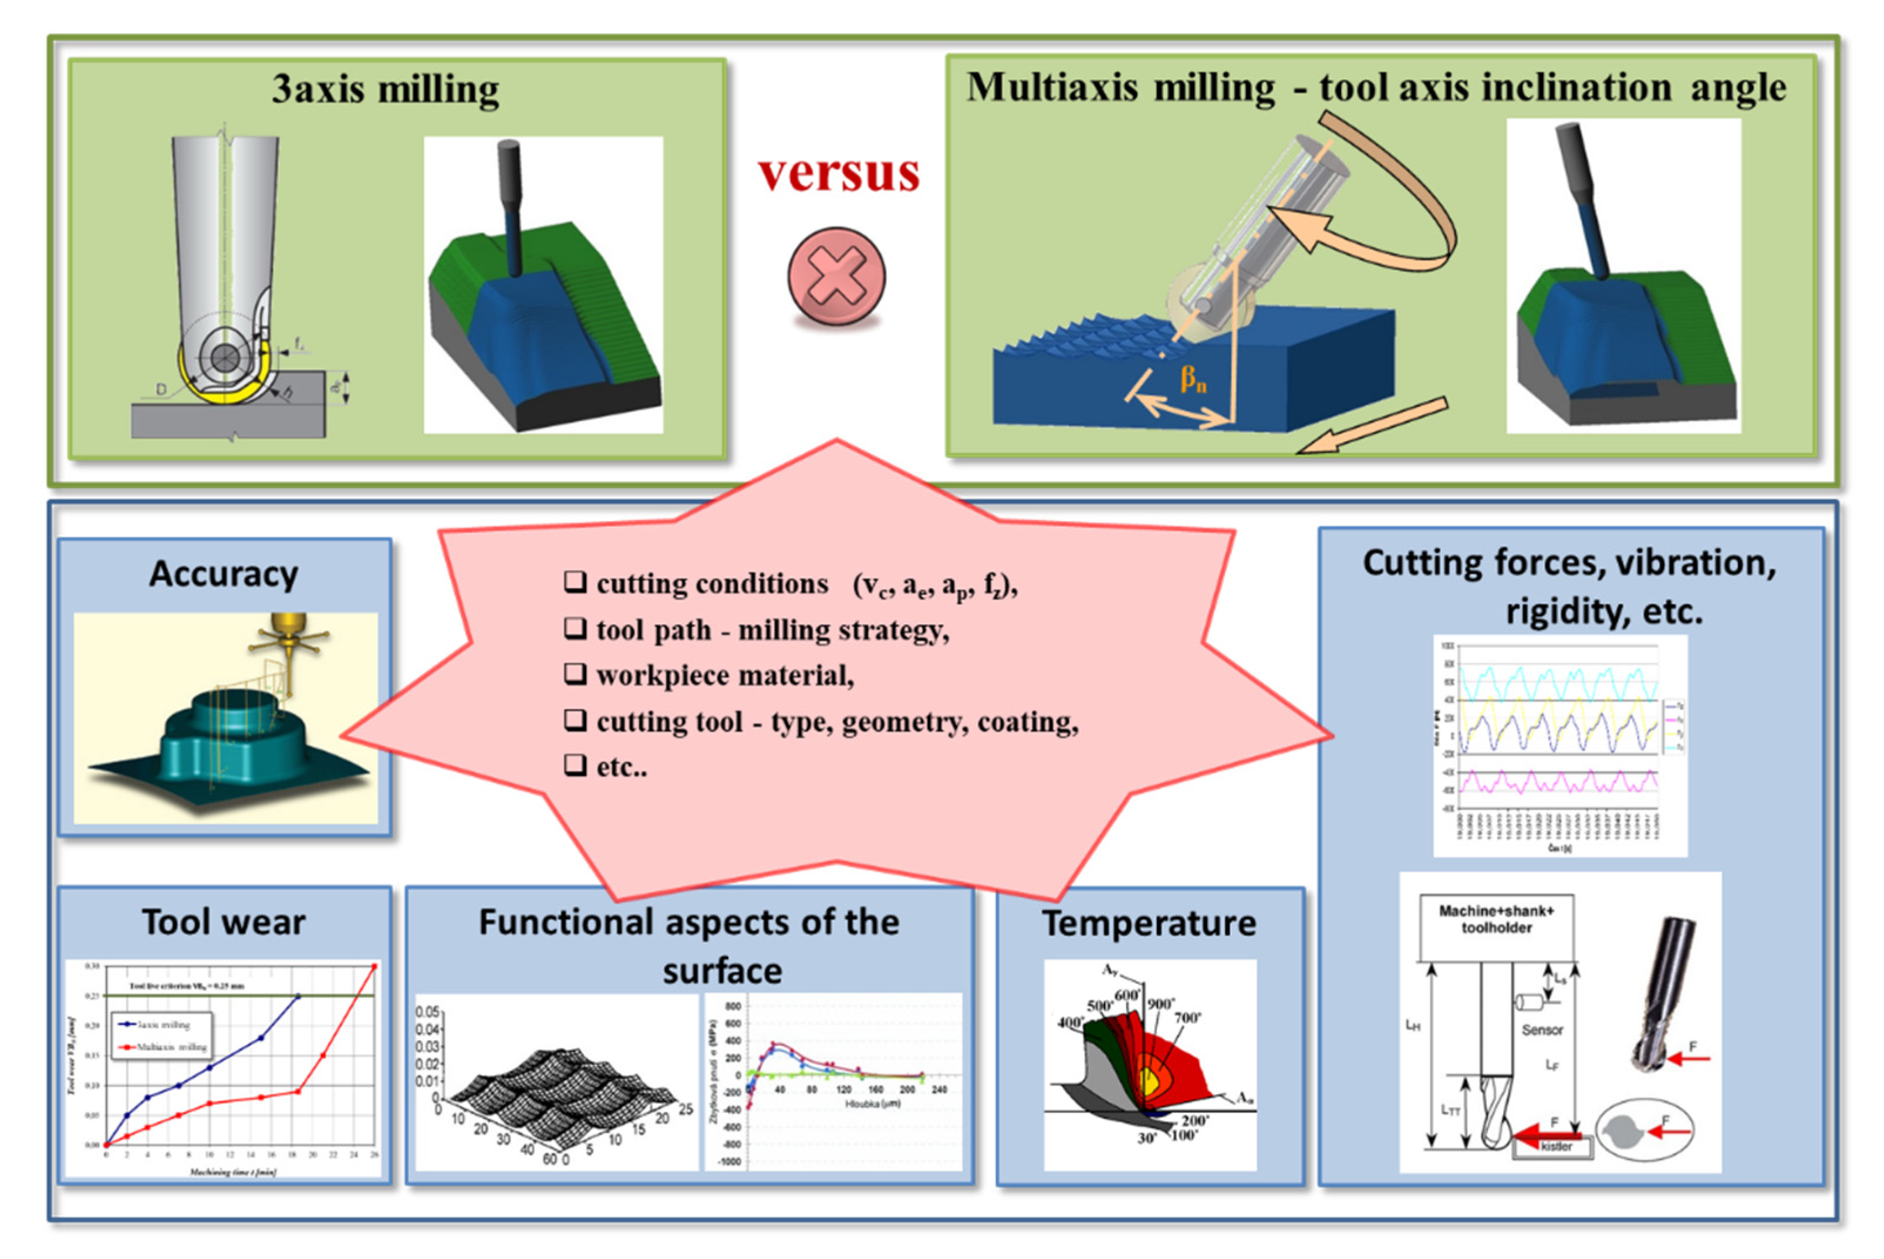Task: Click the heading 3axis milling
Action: point(386,89)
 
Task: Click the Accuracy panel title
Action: point(224,574)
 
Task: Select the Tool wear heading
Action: point(224,922)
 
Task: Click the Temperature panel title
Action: point(1149,923)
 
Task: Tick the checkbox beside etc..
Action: point(575,765)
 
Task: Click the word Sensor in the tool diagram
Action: point(1542,1030)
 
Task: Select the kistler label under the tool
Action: point(1555,1146)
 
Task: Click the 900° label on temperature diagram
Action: point(1160,1004)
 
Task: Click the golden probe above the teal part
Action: point(290,634)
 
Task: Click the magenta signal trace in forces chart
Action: point(1558,780)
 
